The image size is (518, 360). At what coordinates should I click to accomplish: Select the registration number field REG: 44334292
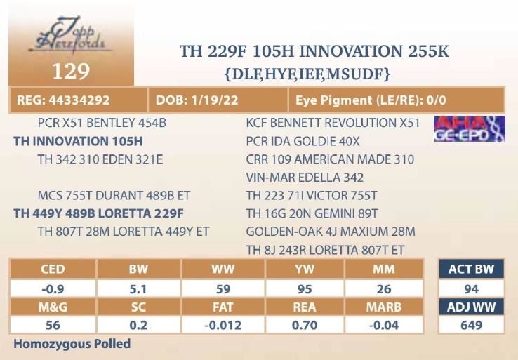tap(63, 100)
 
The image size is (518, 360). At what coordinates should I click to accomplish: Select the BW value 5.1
tap(138, 288)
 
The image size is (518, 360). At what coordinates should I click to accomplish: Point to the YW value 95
tap(305, 288)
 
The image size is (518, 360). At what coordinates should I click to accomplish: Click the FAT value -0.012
tap(223, 326)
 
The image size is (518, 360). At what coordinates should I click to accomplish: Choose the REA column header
tap(305, 307)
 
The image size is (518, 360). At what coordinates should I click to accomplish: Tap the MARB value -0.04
tap(384, 326)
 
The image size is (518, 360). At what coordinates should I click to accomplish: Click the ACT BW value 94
tap(471, 288)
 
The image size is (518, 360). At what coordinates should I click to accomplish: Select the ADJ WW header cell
tap(471, 307)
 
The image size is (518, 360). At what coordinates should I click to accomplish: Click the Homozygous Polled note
tap(72, 345)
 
